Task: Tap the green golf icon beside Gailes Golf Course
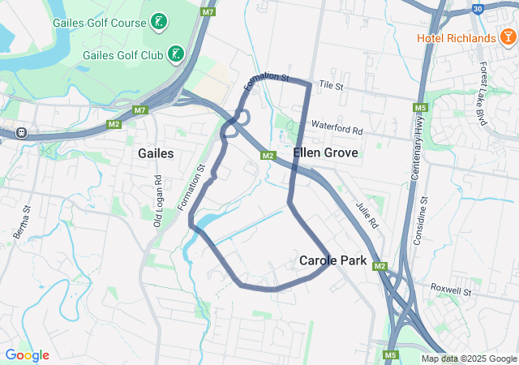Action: [159, 22]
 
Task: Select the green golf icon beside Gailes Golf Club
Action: [175, 54]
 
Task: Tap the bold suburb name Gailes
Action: [156, 152]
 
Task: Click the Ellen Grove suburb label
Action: [320, 152]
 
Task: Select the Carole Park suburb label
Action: [333, 260]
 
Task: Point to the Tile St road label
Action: [332, 84]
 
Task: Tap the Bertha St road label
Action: [22, 221]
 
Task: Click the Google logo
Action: [27, 354]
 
